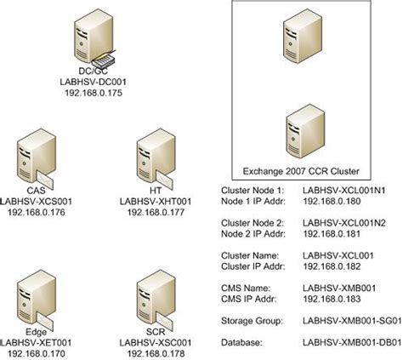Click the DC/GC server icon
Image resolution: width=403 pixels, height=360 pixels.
click(91, 34)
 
